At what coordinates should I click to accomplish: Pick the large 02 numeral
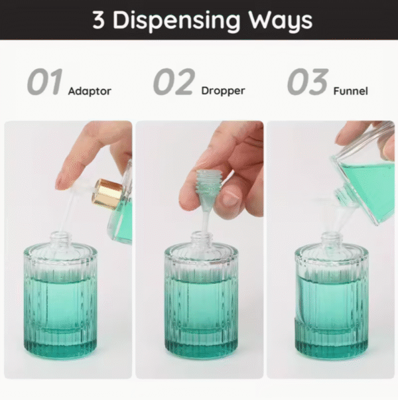[x=174, y=83]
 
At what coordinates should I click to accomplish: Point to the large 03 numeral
[x=307, y=83]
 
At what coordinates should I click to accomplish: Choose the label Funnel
[x=350, y=91]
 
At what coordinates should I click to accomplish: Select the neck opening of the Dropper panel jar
[x=202, y=236]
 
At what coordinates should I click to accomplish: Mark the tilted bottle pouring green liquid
[x=368, y=176]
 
